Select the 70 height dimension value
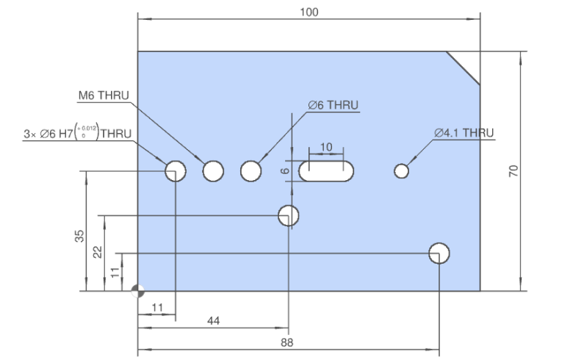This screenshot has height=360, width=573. tap(513, 171)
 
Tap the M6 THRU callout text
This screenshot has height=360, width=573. tap(104, 96)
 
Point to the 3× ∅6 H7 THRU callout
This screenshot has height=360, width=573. tap(78, 134)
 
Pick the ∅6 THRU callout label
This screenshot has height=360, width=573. tap(333, 105)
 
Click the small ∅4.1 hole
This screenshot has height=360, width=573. tap(401, 171)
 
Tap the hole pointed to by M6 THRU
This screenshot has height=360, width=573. tap(214, 171)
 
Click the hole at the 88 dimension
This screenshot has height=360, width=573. tap(439, 253)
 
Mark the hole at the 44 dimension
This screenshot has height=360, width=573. tap(289, 215)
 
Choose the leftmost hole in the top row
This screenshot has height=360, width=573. tap(176, 171)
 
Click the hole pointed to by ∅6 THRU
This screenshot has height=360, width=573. tap(251, 171)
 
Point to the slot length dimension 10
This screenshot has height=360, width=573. tap(326, 147)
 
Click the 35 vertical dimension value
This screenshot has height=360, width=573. tap(79, 236)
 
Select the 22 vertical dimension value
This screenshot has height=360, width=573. tap(96, 251)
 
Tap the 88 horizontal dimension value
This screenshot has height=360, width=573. tap(286, 342)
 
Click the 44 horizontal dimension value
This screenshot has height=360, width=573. tap(213, 321)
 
